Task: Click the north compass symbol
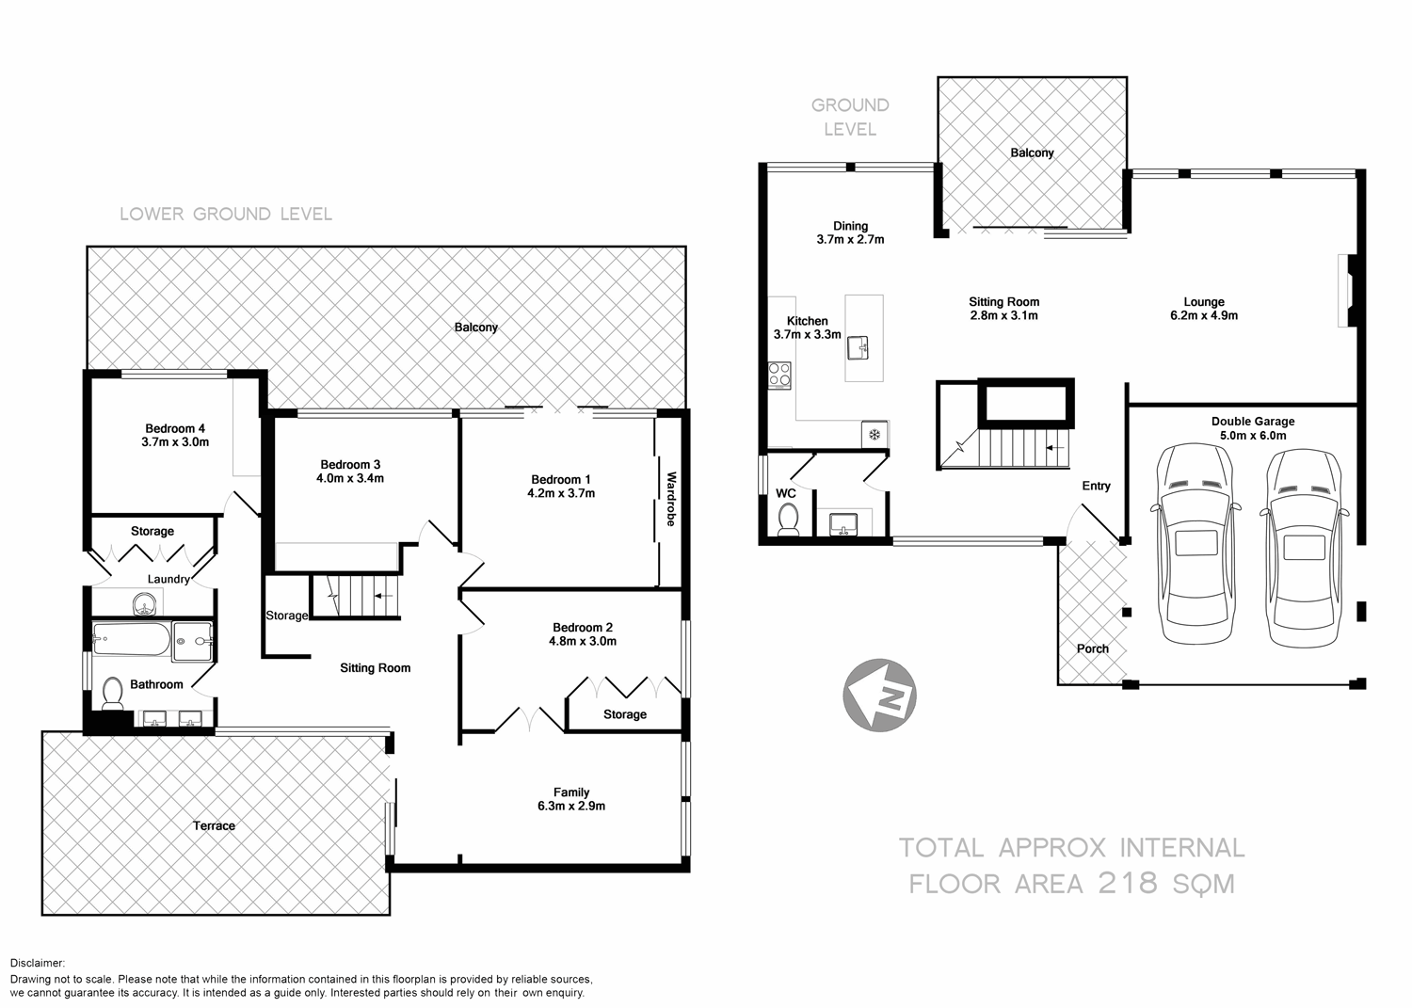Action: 880,695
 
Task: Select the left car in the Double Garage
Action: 1195,544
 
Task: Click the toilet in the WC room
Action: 788,519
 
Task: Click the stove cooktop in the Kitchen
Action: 780,375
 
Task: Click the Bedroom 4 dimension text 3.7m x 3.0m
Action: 175,441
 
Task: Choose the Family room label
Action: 571,792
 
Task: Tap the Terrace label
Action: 215,825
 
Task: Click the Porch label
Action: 1093,648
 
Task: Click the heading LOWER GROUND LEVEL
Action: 226,215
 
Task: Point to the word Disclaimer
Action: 37,963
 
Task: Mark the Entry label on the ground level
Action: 1096,486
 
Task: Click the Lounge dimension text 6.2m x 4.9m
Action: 1204,315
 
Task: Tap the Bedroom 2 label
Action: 583,628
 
